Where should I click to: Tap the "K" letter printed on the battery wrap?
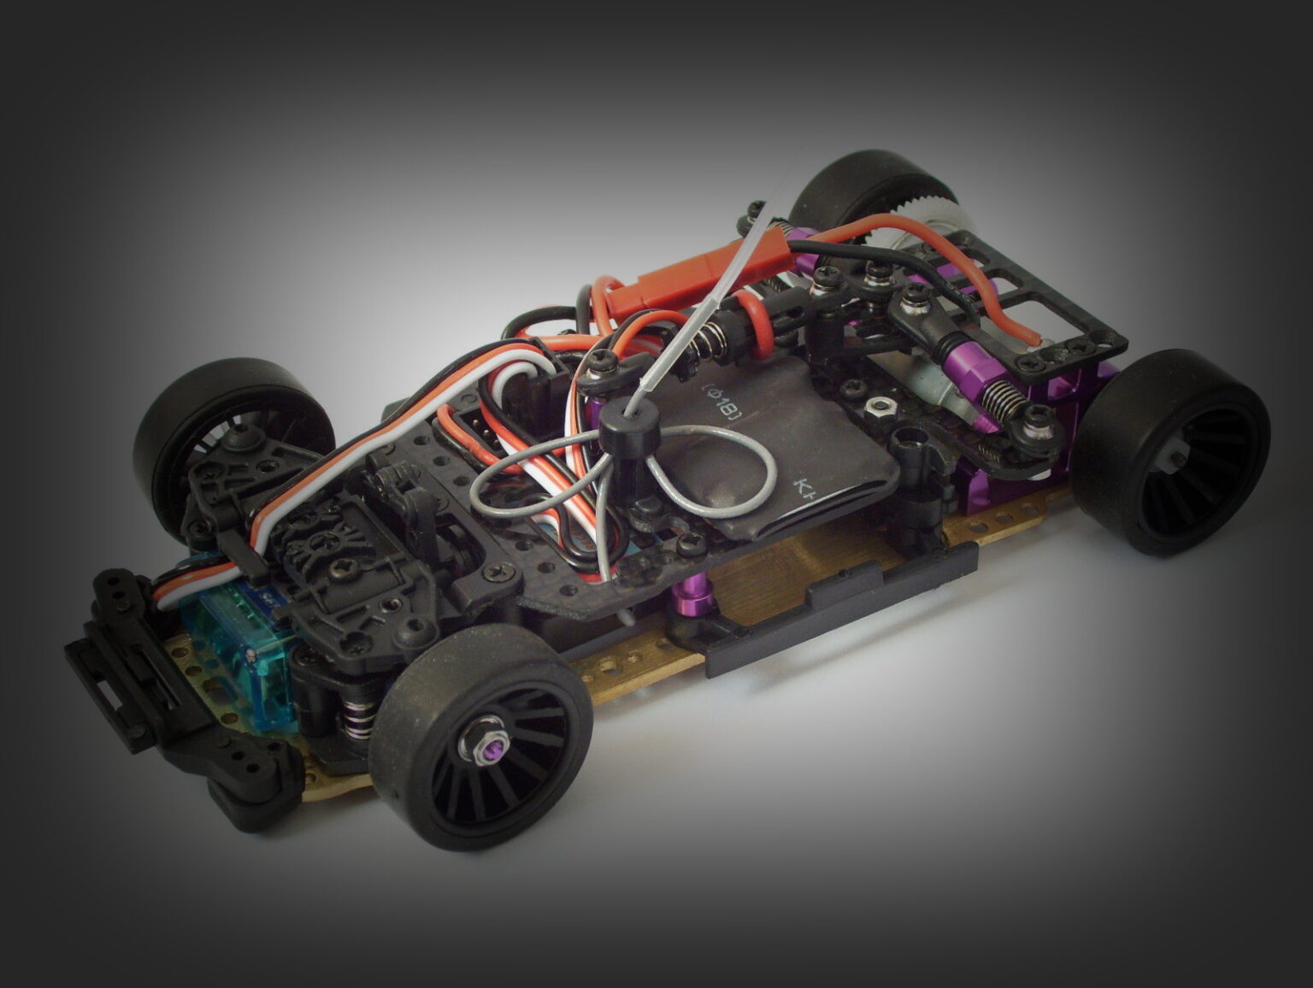click(x=804, y=488)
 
